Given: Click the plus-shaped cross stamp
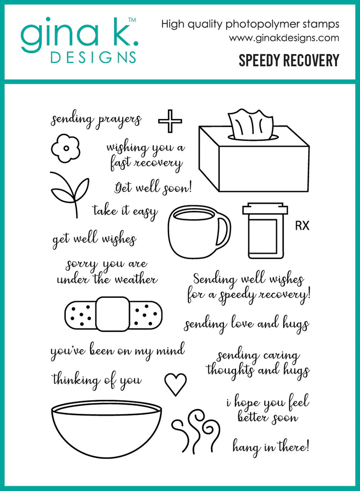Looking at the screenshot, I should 170,121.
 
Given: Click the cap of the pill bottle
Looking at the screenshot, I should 265,210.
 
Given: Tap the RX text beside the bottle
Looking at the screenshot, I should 302,226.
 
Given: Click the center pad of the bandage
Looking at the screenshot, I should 113,314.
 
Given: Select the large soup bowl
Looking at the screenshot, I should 106,428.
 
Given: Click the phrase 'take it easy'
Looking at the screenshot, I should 125,211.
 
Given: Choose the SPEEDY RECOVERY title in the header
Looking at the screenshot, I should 289,60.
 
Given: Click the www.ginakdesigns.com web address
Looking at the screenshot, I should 284,38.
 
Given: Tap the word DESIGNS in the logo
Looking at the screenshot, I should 93,58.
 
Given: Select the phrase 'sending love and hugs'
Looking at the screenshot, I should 246,324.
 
